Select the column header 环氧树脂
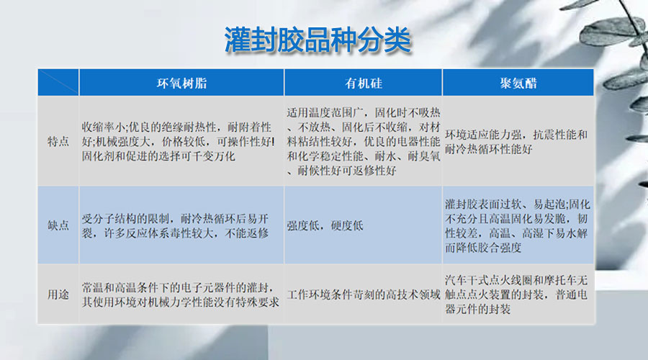(x=181, y=83)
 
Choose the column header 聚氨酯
(x=518, y=83)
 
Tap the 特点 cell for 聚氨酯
(x=517, y=141)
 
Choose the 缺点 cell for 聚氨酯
(x=517, y=225)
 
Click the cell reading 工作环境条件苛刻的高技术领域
(x=363, y=294)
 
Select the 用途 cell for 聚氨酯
(x=517, y=294)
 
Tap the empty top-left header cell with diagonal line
(x=58, y=83)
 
